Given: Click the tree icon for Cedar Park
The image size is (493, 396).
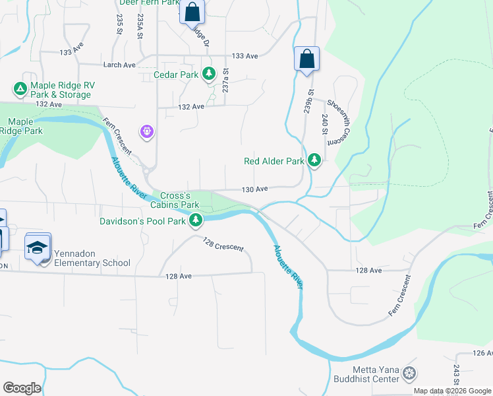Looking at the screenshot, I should (x=209, y=74).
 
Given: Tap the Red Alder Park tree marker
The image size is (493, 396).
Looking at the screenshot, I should (x=314, y=160).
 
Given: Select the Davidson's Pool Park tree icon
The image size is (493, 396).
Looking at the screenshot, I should (x=195, y=221).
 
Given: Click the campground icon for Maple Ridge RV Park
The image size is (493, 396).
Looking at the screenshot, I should (x=20, y=88).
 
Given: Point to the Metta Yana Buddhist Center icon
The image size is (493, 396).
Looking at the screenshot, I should (x=409, y=374).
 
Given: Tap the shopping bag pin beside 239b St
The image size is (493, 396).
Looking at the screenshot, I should (x=306, y=59).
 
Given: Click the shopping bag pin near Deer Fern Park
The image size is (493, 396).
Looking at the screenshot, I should (x=192, y=12).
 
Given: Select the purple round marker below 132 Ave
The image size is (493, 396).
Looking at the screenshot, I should (x=146, y=132).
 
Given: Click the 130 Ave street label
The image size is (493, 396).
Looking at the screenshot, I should (x=255, y=189).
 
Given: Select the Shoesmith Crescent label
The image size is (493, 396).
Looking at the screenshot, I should (x=336, y=123).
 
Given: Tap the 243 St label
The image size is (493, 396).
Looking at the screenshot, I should (x=455, y=374).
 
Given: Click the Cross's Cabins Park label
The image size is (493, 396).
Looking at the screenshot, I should (x=175, y=200).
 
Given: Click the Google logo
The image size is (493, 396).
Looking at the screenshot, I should (x=22, y=388).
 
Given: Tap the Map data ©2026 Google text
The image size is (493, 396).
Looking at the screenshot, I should (x=451, y=391).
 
